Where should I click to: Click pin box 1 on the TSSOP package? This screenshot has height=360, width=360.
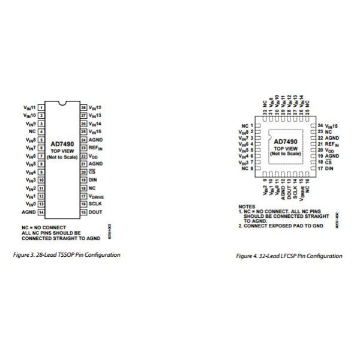click(41, 107)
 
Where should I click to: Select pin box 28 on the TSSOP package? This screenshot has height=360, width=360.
click(83, 107)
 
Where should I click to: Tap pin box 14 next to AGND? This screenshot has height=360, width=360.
click(41, 212)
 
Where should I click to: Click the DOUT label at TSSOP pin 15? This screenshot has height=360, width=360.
click(96, 212)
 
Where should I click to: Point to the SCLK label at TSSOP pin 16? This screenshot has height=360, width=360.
click(96, 204)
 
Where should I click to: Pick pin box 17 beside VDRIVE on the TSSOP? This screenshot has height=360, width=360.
click(83, 196)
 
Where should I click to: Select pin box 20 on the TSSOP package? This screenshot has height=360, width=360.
click(83, 172)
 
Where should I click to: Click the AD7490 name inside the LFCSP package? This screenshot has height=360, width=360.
click(286, 142)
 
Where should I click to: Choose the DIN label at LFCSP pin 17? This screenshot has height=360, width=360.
click(329, 169)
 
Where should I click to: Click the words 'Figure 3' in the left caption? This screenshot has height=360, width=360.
click(25, 254)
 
